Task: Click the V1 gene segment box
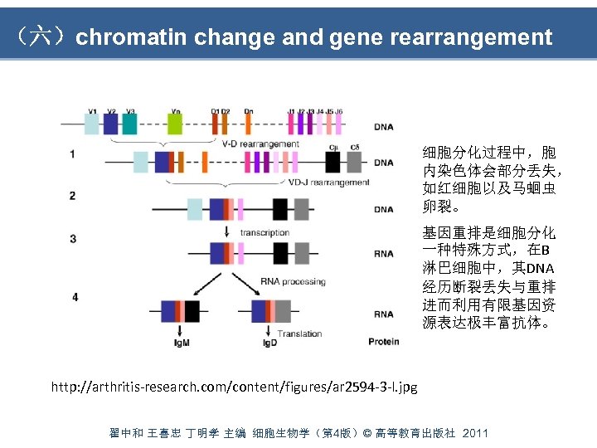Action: [91, 124]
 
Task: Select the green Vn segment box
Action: [174, 124]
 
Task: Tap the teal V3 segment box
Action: [129, 124]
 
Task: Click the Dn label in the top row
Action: [249, 110]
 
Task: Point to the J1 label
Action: [291, 110]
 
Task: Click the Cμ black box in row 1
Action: [333, 162]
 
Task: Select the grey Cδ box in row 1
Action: [354, 162]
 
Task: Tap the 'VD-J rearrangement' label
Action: [329, 182]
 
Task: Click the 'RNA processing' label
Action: [293, 282]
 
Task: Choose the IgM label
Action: [182, 342]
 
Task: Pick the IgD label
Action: [270, 342]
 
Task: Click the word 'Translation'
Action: [300, 334]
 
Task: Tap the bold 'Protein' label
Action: [384, 342]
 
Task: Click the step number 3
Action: [73, 239]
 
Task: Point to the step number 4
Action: [75, 296]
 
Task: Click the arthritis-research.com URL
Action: [235, 387]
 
